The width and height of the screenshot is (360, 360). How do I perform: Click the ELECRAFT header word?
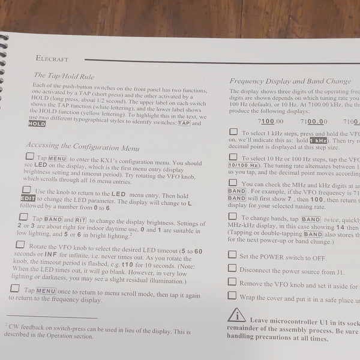(52, 59)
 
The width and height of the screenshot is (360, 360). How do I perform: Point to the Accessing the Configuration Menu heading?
(82, 145)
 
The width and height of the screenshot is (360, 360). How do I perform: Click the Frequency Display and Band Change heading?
(290, 80)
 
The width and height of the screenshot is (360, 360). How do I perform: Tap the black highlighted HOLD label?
(36, 124)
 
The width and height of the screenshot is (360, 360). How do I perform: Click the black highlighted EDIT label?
(28, 199)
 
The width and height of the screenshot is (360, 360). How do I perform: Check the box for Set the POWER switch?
(232, 255)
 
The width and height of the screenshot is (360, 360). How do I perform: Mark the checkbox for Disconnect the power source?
(232, 268)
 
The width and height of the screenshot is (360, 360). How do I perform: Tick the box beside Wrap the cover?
(232, 295)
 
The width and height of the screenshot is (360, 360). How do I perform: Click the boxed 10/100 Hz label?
(244, 164)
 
